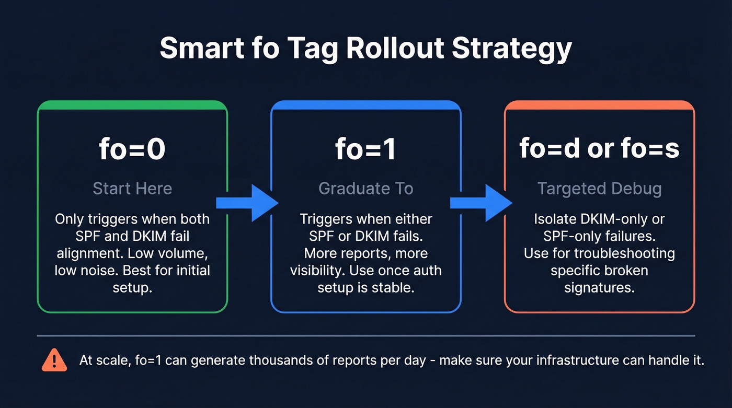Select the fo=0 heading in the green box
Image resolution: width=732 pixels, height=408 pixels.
click(132, 149)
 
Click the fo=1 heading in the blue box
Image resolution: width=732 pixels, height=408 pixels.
click(365, 149)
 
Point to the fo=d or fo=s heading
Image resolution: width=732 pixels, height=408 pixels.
click(599, 148)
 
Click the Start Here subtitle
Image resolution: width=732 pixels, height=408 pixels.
click(132, 188)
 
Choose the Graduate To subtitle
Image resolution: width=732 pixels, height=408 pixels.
click(365, 188)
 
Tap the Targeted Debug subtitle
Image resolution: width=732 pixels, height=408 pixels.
click(599, 188)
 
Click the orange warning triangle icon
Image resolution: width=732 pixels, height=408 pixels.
click(54, 360)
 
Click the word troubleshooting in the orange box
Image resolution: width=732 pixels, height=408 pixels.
click(624, 254)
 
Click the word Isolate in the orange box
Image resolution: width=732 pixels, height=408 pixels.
click(555, 219)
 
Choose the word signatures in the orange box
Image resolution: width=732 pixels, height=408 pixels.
click(599, 287)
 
